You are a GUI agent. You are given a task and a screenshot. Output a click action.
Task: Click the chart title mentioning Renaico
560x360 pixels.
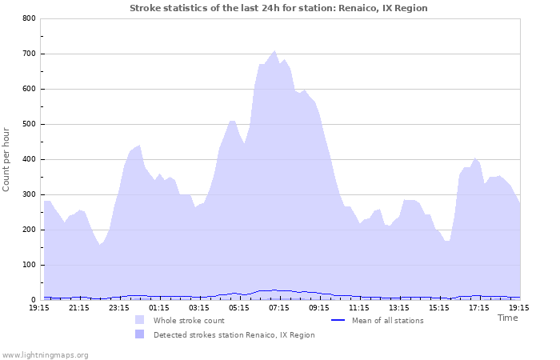click(278, 8)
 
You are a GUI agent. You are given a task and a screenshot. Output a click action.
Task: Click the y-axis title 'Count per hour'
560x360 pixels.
click(7, 158)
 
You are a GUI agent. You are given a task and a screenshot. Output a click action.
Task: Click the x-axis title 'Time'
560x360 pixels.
click(507, 318)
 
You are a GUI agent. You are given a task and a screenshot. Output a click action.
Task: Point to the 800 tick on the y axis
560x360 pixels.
click(28, 18)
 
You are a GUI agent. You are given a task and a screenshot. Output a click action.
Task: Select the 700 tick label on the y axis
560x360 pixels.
click(28, 54)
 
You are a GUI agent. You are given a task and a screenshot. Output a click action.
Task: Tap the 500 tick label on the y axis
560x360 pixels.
click(28, 124)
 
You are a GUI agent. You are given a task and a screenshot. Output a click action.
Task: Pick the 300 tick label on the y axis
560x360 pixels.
click(28, 194)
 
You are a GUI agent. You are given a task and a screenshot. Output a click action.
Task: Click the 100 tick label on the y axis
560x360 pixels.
click(28, 265)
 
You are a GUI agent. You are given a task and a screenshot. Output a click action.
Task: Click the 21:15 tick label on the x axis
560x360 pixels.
click(79, 307)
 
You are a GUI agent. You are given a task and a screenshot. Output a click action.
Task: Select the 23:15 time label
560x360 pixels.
click(119, 307)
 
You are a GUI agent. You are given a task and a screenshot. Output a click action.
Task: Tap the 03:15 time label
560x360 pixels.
click(199, 307)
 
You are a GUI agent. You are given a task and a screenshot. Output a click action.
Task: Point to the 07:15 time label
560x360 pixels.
click(279, 307)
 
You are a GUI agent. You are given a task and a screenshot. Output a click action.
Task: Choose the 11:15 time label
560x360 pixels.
click(359, 307)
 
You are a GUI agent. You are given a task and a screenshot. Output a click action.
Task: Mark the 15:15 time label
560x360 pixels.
click(439, 307)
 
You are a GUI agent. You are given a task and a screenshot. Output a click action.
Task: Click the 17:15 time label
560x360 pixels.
click(479, 307)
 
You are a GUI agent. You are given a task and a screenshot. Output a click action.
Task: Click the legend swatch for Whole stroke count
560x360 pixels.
click(140, 320)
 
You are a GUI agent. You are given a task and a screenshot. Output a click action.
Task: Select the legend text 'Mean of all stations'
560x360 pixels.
click(387, 320)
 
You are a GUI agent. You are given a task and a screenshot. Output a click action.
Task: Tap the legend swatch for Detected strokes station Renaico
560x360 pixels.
click(140, 334)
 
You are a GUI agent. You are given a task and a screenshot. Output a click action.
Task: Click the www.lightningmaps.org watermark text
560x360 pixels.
click(45, 354)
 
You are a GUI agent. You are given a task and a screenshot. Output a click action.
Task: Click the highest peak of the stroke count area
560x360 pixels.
click(274, 50)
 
